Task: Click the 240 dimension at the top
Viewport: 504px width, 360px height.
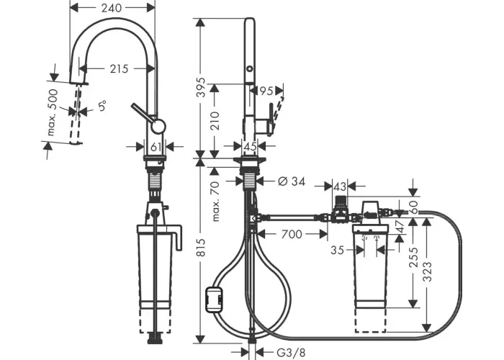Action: [111, 8]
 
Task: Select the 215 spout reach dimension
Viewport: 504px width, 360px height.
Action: [119, 69]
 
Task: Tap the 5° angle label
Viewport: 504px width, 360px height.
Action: [102, 105]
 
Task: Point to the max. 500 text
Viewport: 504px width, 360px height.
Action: [53, 112]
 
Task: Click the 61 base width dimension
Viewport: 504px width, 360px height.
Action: [156, 147]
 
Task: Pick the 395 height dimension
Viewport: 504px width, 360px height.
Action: [201, 87]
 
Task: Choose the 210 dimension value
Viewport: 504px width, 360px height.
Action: [215, 120]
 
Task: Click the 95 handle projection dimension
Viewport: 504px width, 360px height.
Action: [266, 91]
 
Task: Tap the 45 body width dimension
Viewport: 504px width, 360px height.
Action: [250, 146]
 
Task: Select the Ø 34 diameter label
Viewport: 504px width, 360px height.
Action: [292, 181]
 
